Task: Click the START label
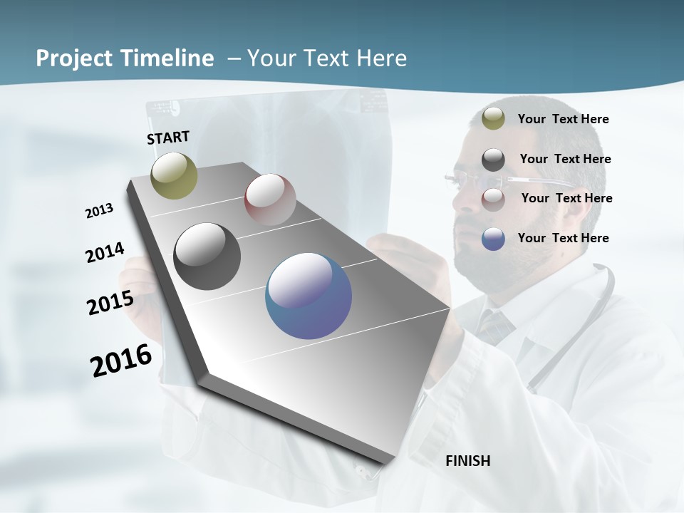(x=168, y=138)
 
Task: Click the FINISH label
(x=467, y=461)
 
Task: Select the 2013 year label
(x=99, y=210)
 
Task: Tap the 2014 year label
(x=105, y=253)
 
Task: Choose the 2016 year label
(x=121, y=361)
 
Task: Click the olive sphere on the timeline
(x=174, y=175)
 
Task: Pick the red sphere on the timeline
(x=270, y=199)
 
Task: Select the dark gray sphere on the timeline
(x=207, y=256)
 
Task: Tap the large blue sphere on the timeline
(x=309, y=296)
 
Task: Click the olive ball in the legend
(x=493, y=119)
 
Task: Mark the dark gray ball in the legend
(x=493, y=160)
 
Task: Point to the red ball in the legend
(x=493, y=199)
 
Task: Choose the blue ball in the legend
(x=493, y=239)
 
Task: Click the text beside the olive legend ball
(x=563, y=120)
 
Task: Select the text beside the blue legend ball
(x=563, y=238)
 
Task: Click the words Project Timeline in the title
(x=125, y=58)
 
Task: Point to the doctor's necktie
(x=495, y=325)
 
